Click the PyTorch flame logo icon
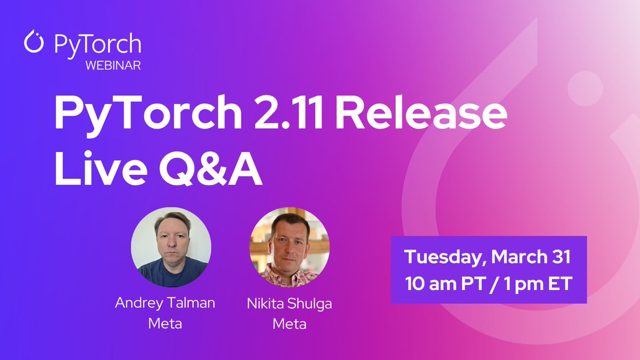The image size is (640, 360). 34,43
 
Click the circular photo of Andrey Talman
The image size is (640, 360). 171,247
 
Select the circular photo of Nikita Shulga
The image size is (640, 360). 290,247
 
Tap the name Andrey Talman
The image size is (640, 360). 165,303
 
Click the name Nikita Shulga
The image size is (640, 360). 289,303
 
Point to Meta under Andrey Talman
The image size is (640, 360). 165,323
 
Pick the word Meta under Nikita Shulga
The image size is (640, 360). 289,323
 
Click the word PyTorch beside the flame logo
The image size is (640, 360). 98,44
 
